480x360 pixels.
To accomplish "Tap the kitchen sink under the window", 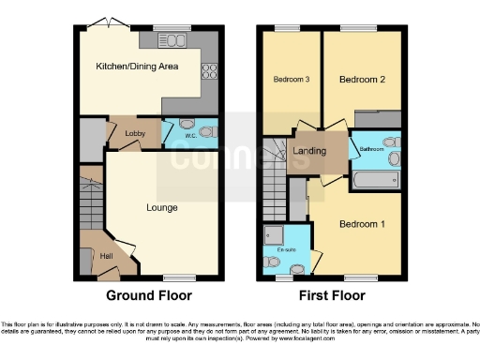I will (x=173, y=39).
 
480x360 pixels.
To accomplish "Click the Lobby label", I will (x=134, y=134).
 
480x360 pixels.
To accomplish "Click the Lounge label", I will (x=161, y=206).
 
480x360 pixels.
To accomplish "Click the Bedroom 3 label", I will (x=292, y=80).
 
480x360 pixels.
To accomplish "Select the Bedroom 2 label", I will (x=363, y=80).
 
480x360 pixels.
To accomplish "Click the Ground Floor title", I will (x=148, y=295).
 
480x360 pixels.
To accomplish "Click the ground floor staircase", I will (x=89, y=202).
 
